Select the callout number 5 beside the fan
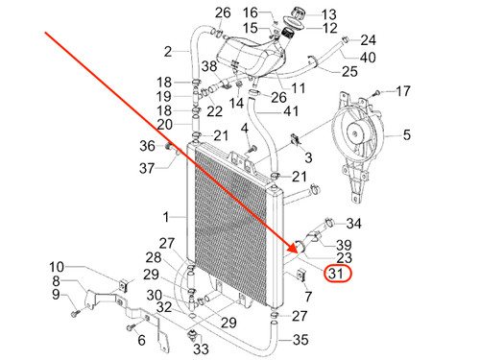(x=406, y=134)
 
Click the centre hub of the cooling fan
(x=356, y=132)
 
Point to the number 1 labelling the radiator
(x=166, y=217)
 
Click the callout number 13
(x=329, y=14)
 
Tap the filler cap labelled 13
(x=299, y=14)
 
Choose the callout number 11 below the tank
(x=298, y=88)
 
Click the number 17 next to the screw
(x=403, y=91)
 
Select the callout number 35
(x=300, y=340)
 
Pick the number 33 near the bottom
(x=201, y=348)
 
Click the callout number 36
(x=148, y=146)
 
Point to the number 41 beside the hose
(x=291, y=111)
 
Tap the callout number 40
(x=368, y=58)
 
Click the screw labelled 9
(x=76, y=311)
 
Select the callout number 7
(x=308, y=297)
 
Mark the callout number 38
(x=209, y=66)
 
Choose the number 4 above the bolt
(x=245, y=129)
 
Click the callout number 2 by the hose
(x=168, y=52)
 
